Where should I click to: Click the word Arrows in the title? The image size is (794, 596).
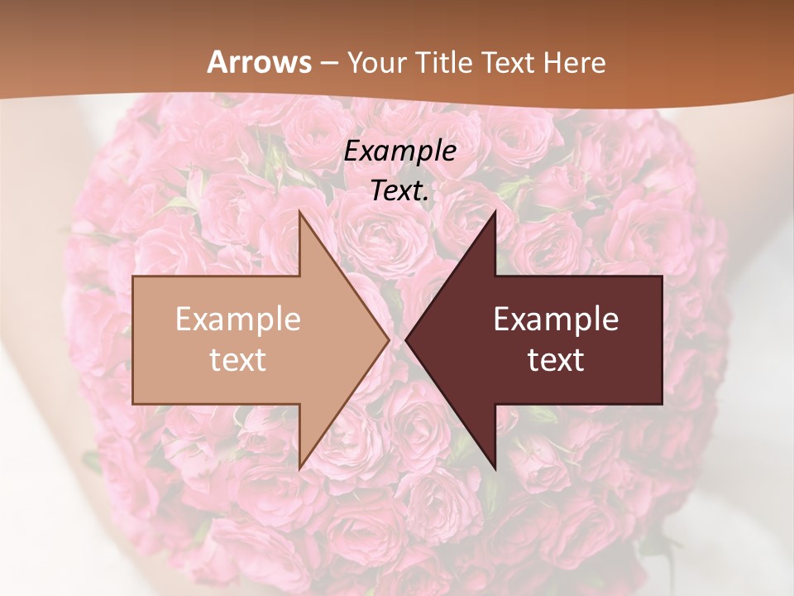pos(260,62)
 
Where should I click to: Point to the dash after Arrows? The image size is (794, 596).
pos(329,63)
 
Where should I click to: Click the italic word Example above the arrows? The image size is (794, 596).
pos(400,151)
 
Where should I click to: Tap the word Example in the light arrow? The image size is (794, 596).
pos(238,320)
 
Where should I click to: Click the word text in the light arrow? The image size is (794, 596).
pos(238,360)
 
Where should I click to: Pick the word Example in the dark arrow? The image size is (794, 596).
pos(556,320)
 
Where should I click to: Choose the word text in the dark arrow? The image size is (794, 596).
pos(556,360)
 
